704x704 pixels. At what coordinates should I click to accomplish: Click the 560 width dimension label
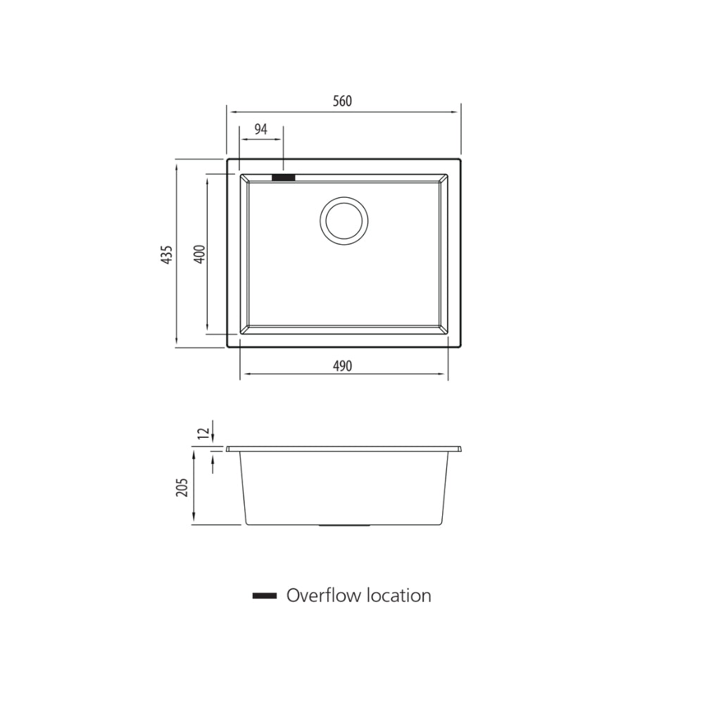pyautogui.click(x=341, y=101)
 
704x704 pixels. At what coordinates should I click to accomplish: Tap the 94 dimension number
pyautogui.click(x=260, y=129)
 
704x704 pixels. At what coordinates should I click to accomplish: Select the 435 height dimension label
pyautogui.click(x=167, y=254)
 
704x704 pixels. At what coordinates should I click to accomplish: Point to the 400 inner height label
pyautogui.click(x=199, y=253)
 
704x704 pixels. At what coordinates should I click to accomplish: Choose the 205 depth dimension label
pyautogui.click(x=182, y=487)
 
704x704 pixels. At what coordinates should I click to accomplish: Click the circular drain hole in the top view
pyautogui.click(x=344, y=220)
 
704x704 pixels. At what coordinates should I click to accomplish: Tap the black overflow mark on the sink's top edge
pyautogui.click(x=284, y=178)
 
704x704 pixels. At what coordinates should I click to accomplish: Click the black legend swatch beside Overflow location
pyautogui.click(x=264, y=596)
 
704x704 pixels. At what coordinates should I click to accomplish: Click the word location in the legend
pyautogui.click(x=398, y=596)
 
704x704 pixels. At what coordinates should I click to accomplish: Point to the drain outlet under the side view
pyautogui.click(x=344, y=525)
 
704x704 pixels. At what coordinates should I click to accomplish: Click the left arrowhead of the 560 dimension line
pyautogui.click(x=230, y=111)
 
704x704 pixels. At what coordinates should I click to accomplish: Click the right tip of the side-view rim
pyautogui.click(x=461, y=448)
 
